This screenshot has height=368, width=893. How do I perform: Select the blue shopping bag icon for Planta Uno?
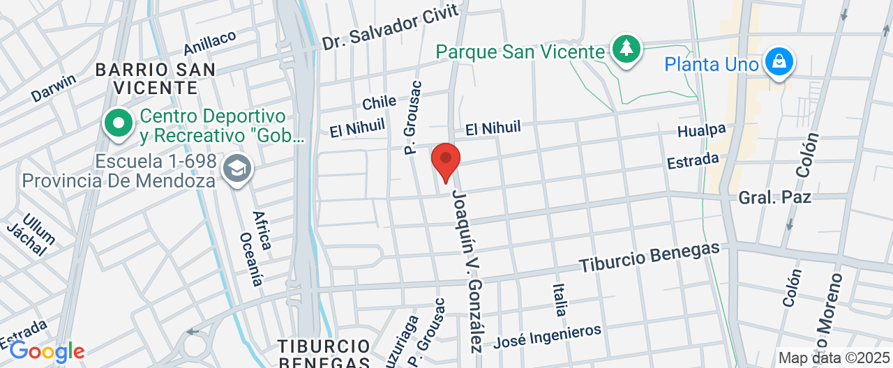(x=778, y=63)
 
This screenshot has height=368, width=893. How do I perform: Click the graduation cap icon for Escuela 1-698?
(x=237, y=169)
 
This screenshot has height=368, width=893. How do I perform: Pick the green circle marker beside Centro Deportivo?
(x=119, y=123)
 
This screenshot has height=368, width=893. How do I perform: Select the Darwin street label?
(x=54, y=88)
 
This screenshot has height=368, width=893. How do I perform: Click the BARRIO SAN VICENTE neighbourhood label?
(x=156, y=78)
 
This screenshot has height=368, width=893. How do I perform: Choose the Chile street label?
(x=379, y=103)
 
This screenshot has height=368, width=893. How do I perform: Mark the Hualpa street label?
(x=701, y=130)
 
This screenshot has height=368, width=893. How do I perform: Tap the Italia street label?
(x=560, y=300)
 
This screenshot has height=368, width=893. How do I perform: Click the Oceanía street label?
(x=251, y=259)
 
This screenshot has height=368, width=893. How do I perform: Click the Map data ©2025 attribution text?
(x=834, y=358)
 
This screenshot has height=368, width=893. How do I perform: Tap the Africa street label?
(x=261, y=230)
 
